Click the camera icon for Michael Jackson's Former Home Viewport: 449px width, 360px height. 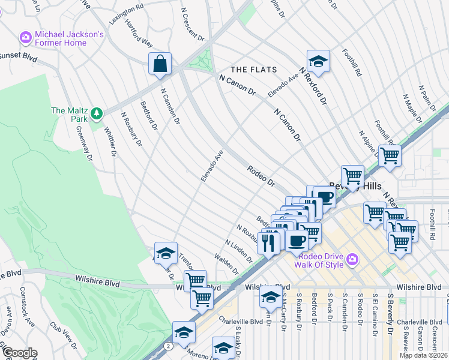click(25, 37)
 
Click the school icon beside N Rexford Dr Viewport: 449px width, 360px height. click(318, 61)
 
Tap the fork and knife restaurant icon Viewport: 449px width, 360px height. click(268, 242)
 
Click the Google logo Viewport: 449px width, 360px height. click(20, 353)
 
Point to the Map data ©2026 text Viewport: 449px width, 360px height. click(423, 355)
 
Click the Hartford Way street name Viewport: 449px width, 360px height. click(139, 37)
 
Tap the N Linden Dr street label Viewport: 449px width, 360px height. click(238, 251)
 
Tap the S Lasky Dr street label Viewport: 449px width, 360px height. click(238, 337)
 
